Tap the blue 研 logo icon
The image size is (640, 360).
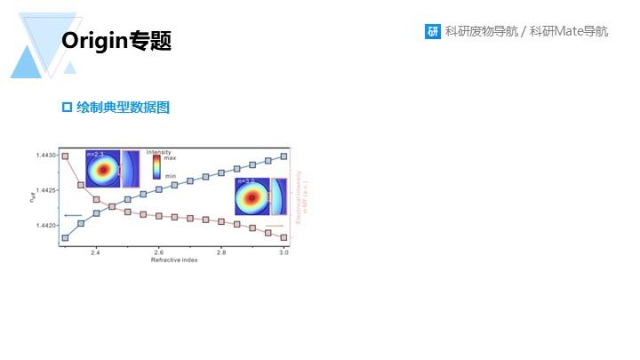click(433, 32)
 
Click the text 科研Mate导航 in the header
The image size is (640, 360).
click(569, 32)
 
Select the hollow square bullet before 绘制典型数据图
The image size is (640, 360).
click(66, 108)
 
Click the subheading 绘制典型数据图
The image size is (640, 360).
click(123, 108)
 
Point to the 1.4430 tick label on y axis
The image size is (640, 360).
click(46, 156)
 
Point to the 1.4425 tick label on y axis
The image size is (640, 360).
click(46, 190)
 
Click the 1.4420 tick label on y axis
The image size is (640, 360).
click(46, 226)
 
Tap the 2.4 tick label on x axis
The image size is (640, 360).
click(95, 252)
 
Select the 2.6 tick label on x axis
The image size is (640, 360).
click(158, 252)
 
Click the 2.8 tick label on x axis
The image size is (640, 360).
click(220, 252)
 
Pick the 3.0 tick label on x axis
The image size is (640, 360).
click(284, 252)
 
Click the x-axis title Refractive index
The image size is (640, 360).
click(173, 260)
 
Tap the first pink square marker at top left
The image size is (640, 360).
click(65, 156)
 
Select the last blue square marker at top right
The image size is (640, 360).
click(284, 156)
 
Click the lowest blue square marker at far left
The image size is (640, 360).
click(65, 237)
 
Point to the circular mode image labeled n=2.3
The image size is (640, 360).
click(103, 170)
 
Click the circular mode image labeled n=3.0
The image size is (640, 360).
click(252, 196)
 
